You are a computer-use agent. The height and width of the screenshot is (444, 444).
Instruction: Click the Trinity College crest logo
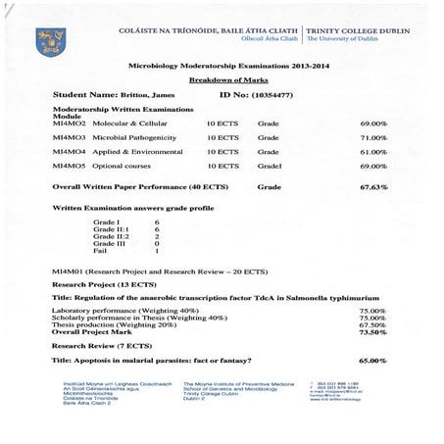(46, 40)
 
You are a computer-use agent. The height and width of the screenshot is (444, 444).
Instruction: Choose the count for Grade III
(157, 244)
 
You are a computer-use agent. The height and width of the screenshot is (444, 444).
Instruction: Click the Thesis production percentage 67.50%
(372, 324)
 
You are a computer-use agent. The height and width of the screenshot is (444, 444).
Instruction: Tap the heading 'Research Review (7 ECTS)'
(95, 346)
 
